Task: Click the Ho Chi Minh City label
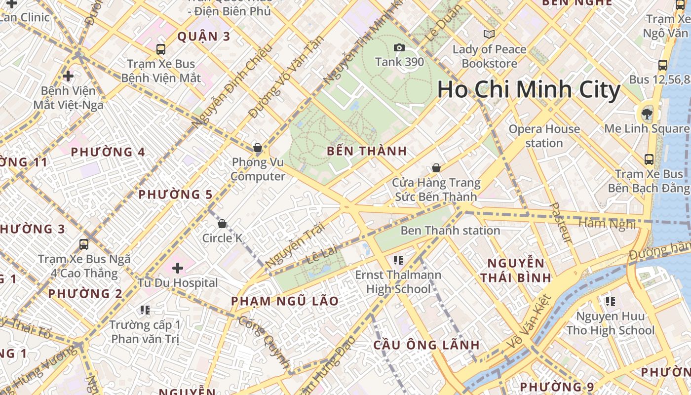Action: tap(528, 90)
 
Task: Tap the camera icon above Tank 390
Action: tap(399, 47)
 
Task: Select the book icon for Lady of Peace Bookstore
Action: tap(489, 34)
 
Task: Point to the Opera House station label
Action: tap(544, 136)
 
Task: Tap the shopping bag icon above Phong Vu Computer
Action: tap(257, 148)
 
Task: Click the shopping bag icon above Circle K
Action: tap(222, 224)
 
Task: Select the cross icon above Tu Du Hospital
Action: tap(178, 268)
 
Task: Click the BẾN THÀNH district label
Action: tap(367, 152)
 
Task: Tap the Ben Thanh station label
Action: tap(450, 231)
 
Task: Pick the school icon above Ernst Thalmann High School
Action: tap(398, 260)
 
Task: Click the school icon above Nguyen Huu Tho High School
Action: tap(611, 301)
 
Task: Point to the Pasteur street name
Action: tap(561, 223)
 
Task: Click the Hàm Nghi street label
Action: tap(607, 223)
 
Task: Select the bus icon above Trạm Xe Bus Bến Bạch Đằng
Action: tap(649, 159)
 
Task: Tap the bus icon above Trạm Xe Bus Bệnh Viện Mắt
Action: tap(161, 49)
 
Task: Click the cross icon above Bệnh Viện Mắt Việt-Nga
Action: tap(68, 76)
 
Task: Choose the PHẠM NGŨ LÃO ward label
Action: tap(285, 301)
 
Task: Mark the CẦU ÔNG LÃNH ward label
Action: tap(426, 345)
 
